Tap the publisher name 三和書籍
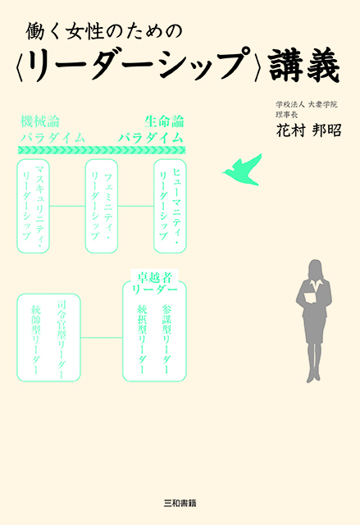[180, 503]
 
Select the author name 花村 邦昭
[308, 130]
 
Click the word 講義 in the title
[304, 65]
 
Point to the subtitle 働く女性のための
[104, 31]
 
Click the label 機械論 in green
[40, 121]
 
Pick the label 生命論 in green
[164, 121]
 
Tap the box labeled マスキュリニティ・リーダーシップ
[33, 206]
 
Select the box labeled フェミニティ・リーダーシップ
[102, 206]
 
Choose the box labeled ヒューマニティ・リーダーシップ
[170, 206]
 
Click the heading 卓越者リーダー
[154, 283]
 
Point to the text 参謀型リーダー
[166, 339]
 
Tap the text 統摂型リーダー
[142, 339]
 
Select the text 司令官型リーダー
[62, 339]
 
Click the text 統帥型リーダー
[36, 339]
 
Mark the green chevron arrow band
[102, 149]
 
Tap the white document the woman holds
[309, 298]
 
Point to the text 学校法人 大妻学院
[307, 104]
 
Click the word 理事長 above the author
[286, 115]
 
